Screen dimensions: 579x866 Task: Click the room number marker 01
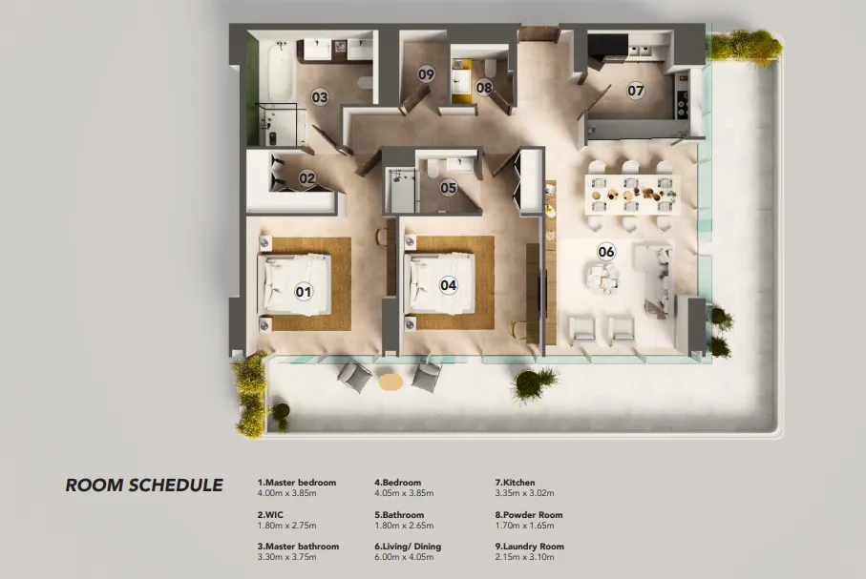[x=304, y=291]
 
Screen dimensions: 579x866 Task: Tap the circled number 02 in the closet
[x=306, y=177]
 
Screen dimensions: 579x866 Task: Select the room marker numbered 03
[x=320, y=96]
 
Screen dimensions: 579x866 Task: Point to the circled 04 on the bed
[x=448, y=284]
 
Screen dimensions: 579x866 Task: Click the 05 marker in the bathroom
[x=449, y=188]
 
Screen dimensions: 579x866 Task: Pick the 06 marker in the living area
[x=606, y=252]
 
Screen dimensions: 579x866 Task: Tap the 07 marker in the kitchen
[x=636, y=92]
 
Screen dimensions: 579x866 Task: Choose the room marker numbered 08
[x=484, y=88]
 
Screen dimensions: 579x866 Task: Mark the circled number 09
[x=426, y=73]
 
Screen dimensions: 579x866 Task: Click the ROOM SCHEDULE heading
[x=144, y=486]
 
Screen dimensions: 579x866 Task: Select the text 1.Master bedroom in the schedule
[x=297, y=484]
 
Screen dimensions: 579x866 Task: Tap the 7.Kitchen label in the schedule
[x=515, y=484]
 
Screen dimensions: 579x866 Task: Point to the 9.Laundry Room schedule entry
[x=529, y=547]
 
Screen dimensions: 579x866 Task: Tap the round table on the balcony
[x=391, y=381]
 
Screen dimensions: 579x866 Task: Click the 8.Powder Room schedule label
[x=529, y=515]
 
